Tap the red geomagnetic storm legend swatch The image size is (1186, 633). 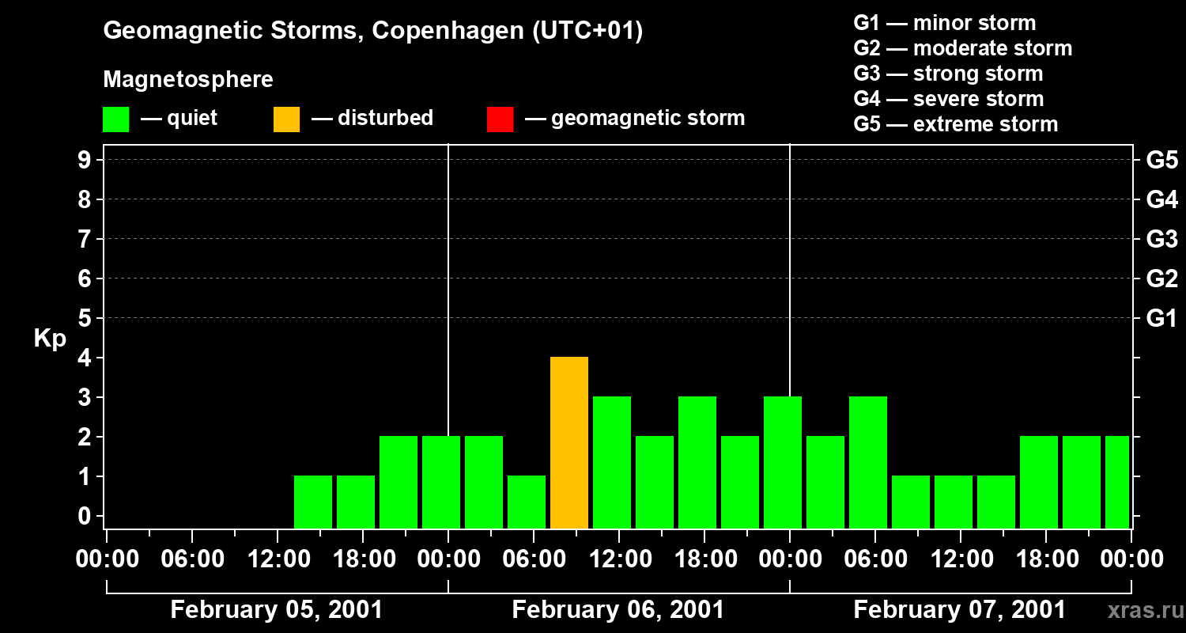click(500, 119)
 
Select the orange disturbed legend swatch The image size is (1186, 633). click(286, 119)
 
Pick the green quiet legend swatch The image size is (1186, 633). click(115, 119)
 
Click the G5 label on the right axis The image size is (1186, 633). click(1161, 160)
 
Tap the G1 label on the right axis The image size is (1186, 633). click(1161, 319)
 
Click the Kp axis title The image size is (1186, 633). click(50, 339)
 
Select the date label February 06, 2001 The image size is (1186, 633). click(618, 610)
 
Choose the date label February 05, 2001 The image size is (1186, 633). click(277, 610)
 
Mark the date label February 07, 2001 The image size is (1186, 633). click(959, 610)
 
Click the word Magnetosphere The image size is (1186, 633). click(188, 80)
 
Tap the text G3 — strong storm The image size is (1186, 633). click(948, 74)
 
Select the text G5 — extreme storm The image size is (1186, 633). click(955, 124)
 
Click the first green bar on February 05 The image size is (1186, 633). click(313, 502)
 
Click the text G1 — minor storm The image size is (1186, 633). click(945, 23)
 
